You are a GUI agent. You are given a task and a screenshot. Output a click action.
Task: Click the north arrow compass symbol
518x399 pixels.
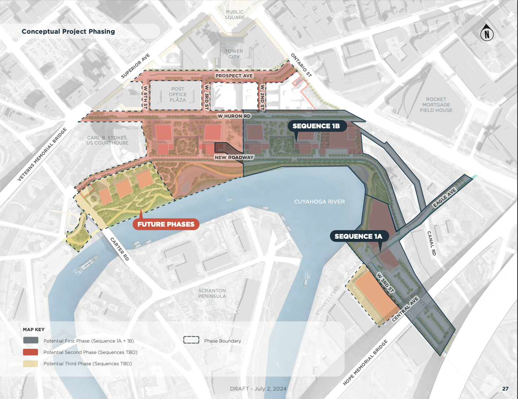point(487,33)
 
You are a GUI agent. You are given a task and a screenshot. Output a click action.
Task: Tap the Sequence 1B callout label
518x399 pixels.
point(316,126)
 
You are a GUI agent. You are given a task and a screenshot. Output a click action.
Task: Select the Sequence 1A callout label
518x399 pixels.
point(358,237)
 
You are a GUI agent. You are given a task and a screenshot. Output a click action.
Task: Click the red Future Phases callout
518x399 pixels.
point(166,224)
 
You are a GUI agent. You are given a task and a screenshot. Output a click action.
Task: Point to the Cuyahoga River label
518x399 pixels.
point(319,202)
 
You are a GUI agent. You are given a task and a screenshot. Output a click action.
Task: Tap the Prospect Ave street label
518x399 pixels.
point(234,76)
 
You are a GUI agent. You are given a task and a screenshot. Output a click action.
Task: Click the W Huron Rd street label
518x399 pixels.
point(234,116)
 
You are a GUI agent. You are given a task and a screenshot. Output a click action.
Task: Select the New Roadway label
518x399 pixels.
point(234,157)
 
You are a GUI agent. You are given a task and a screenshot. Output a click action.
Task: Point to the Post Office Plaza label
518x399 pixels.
point(178,94)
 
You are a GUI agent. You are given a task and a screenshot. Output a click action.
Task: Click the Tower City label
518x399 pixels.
point(234,54)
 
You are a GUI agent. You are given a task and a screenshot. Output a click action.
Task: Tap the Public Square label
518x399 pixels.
point(235,15)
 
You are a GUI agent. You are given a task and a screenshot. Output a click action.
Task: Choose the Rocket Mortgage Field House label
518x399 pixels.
point(436,105)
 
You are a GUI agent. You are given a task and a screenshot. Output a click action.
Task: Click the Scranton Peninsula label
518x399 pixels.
point(212,293)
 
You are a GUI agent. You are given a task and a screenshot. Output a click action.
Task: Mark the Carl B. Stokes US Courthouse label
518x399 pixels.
point(107,140)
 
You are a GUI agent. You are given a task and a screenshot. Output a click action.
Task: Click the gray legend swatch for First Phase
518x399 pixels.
point(30,341)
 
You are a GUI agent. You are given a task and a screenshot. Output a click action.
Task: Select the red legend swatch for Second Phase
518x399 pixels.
point(30,352)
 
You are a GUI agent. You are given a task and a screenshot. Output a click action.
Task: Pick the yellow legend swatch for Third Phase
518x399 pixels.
point(30,363)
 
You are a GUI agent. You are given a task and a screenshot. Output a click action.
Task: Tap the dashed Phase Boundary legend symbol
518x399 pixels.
point(191,340)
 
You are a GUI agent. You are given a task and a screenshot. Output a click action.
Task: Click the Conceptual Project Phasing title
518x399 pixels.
point(68,32)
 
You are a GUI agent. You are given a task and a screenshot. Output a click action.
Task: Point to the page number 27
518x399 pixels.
point(505,389)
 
